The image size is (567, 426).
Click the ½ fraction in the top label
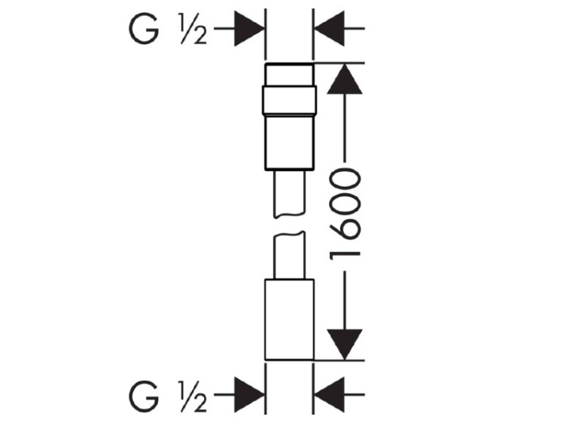pyautogui.click(x=194, y=30)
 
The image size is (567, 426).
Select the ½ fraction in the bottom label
pyautogui.click(x=194, y=396)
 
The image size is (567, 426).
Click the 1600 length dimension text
pyautogui.click(x=344, y=214)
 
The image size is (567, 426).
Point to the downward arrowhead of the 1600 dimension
pyautogui.click(x=344, y=344)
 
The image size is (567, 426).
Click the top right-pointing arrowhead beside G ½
pyautogui.click(x=249, y=29)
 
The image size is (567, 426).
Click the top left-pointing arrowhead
pyautogui.click(x=330, y=29)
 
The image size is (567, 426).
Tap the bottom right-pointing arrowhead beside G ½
pyautogui.click(x=249, y=395)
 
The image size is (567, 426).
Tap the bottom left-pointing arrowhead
pyautogui.click(x=330, y=395)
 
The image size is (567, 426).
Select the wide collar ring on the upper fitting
pyautogui.click(x=290, y=100)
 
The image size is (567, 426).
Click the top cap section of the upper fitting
pyautogui.click(x=290, y=75)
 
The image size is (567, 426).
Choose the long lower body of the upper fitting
pyautogui.click(x=290, y=142)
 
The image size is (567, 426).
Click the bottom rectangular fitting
pyautogui.click(x=290, y=319)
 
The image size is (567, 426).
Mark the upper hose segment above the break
pyautogui.click(x=290, y=194)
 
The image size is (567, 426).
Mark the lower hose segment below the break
pyautogui.click(x=290, y=256)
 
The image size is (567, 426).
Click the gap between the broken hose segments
pyautogui.click(x=290, y=225)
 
